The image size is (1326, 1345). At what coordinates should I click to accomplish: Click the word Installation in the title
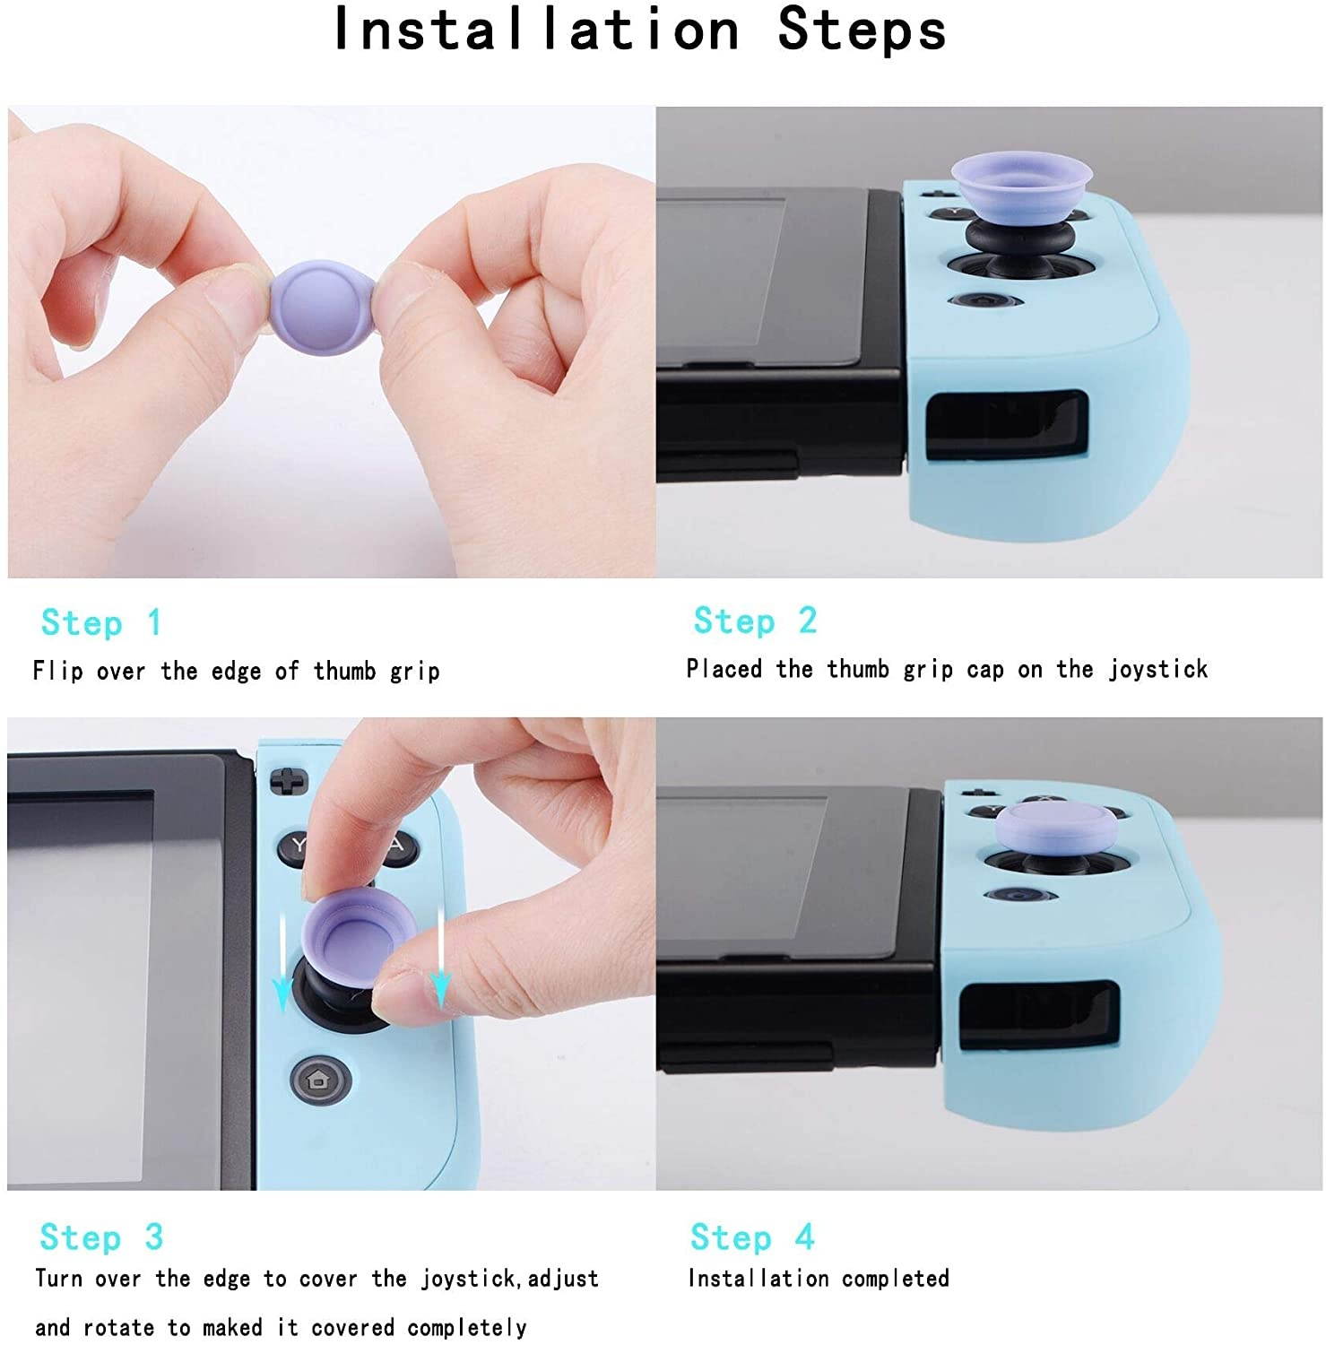coord(535,29)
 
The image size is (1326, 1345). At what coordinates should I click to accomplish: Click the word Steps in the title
coord(862,29)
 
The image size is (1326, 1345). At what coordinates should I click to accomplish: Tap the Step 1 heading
coord(101,622)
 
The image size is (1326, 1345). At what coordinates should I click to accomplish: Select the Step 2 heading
coord(755,620)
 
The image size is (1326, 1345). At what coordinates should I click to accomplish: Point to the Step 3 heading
coord(101,1237)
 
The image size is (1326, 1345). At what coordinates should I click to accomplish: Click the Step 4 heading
coord(751,1237)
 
